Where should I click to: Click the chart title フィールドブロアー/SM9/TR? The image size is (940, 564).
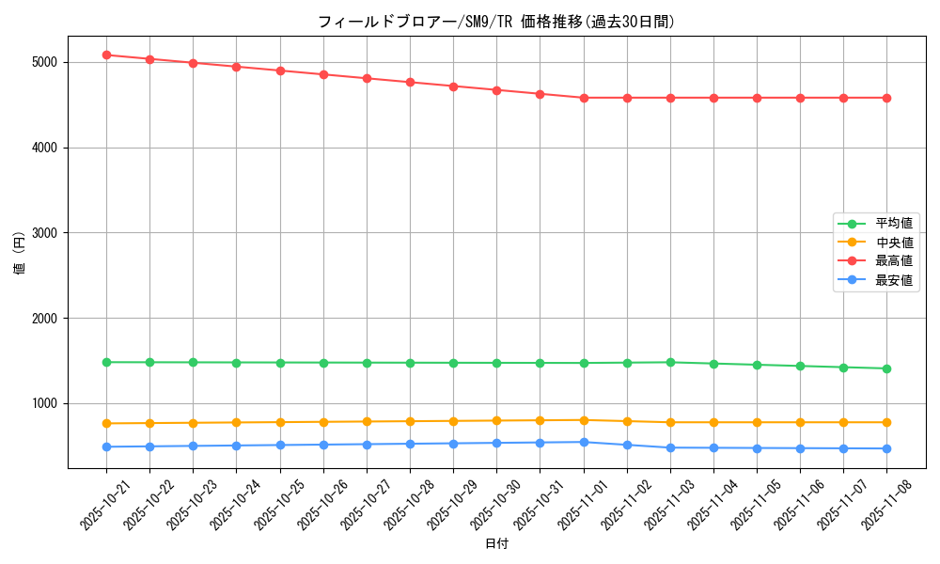pyautogui.click(x=495, y=22)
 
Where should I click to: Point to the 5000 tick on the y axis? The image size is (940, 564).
pyautogui.click(x=44, y=62)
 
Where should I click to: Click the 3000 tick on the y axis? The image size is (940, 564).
pyautogui.click(x=44, y=233)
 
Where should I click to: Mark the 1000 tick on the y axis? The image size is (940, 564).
pyautogui.click(x=44, y=403)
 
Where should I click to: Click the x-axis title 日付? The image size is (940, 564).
pyautogui.click(x=496, y=544)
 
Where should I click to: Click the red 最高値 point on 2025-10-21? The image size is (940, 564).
pyautogui.click(x=106, y=55)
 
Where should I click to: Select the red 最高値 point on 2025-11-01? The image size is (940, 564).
pyautogui.click(x=584, y=98)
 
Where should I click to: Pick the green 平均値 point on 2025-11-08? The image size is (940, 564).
pyautogui.click(x=886, y=368)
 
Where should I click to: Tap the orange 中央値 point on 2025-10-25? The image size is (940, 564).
pyautogui.click(x=280, y=422)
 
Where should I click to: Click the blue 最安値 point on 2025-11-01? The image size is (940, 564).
pyautogui.click(x=584, y=442)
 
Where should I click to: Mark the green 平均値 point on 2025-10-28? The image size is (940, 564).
pyautogui.click(x=410, y=363)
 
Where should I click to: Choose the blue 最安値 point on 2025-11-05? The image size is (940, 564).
pyautogui.click(x=757, y=448)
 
